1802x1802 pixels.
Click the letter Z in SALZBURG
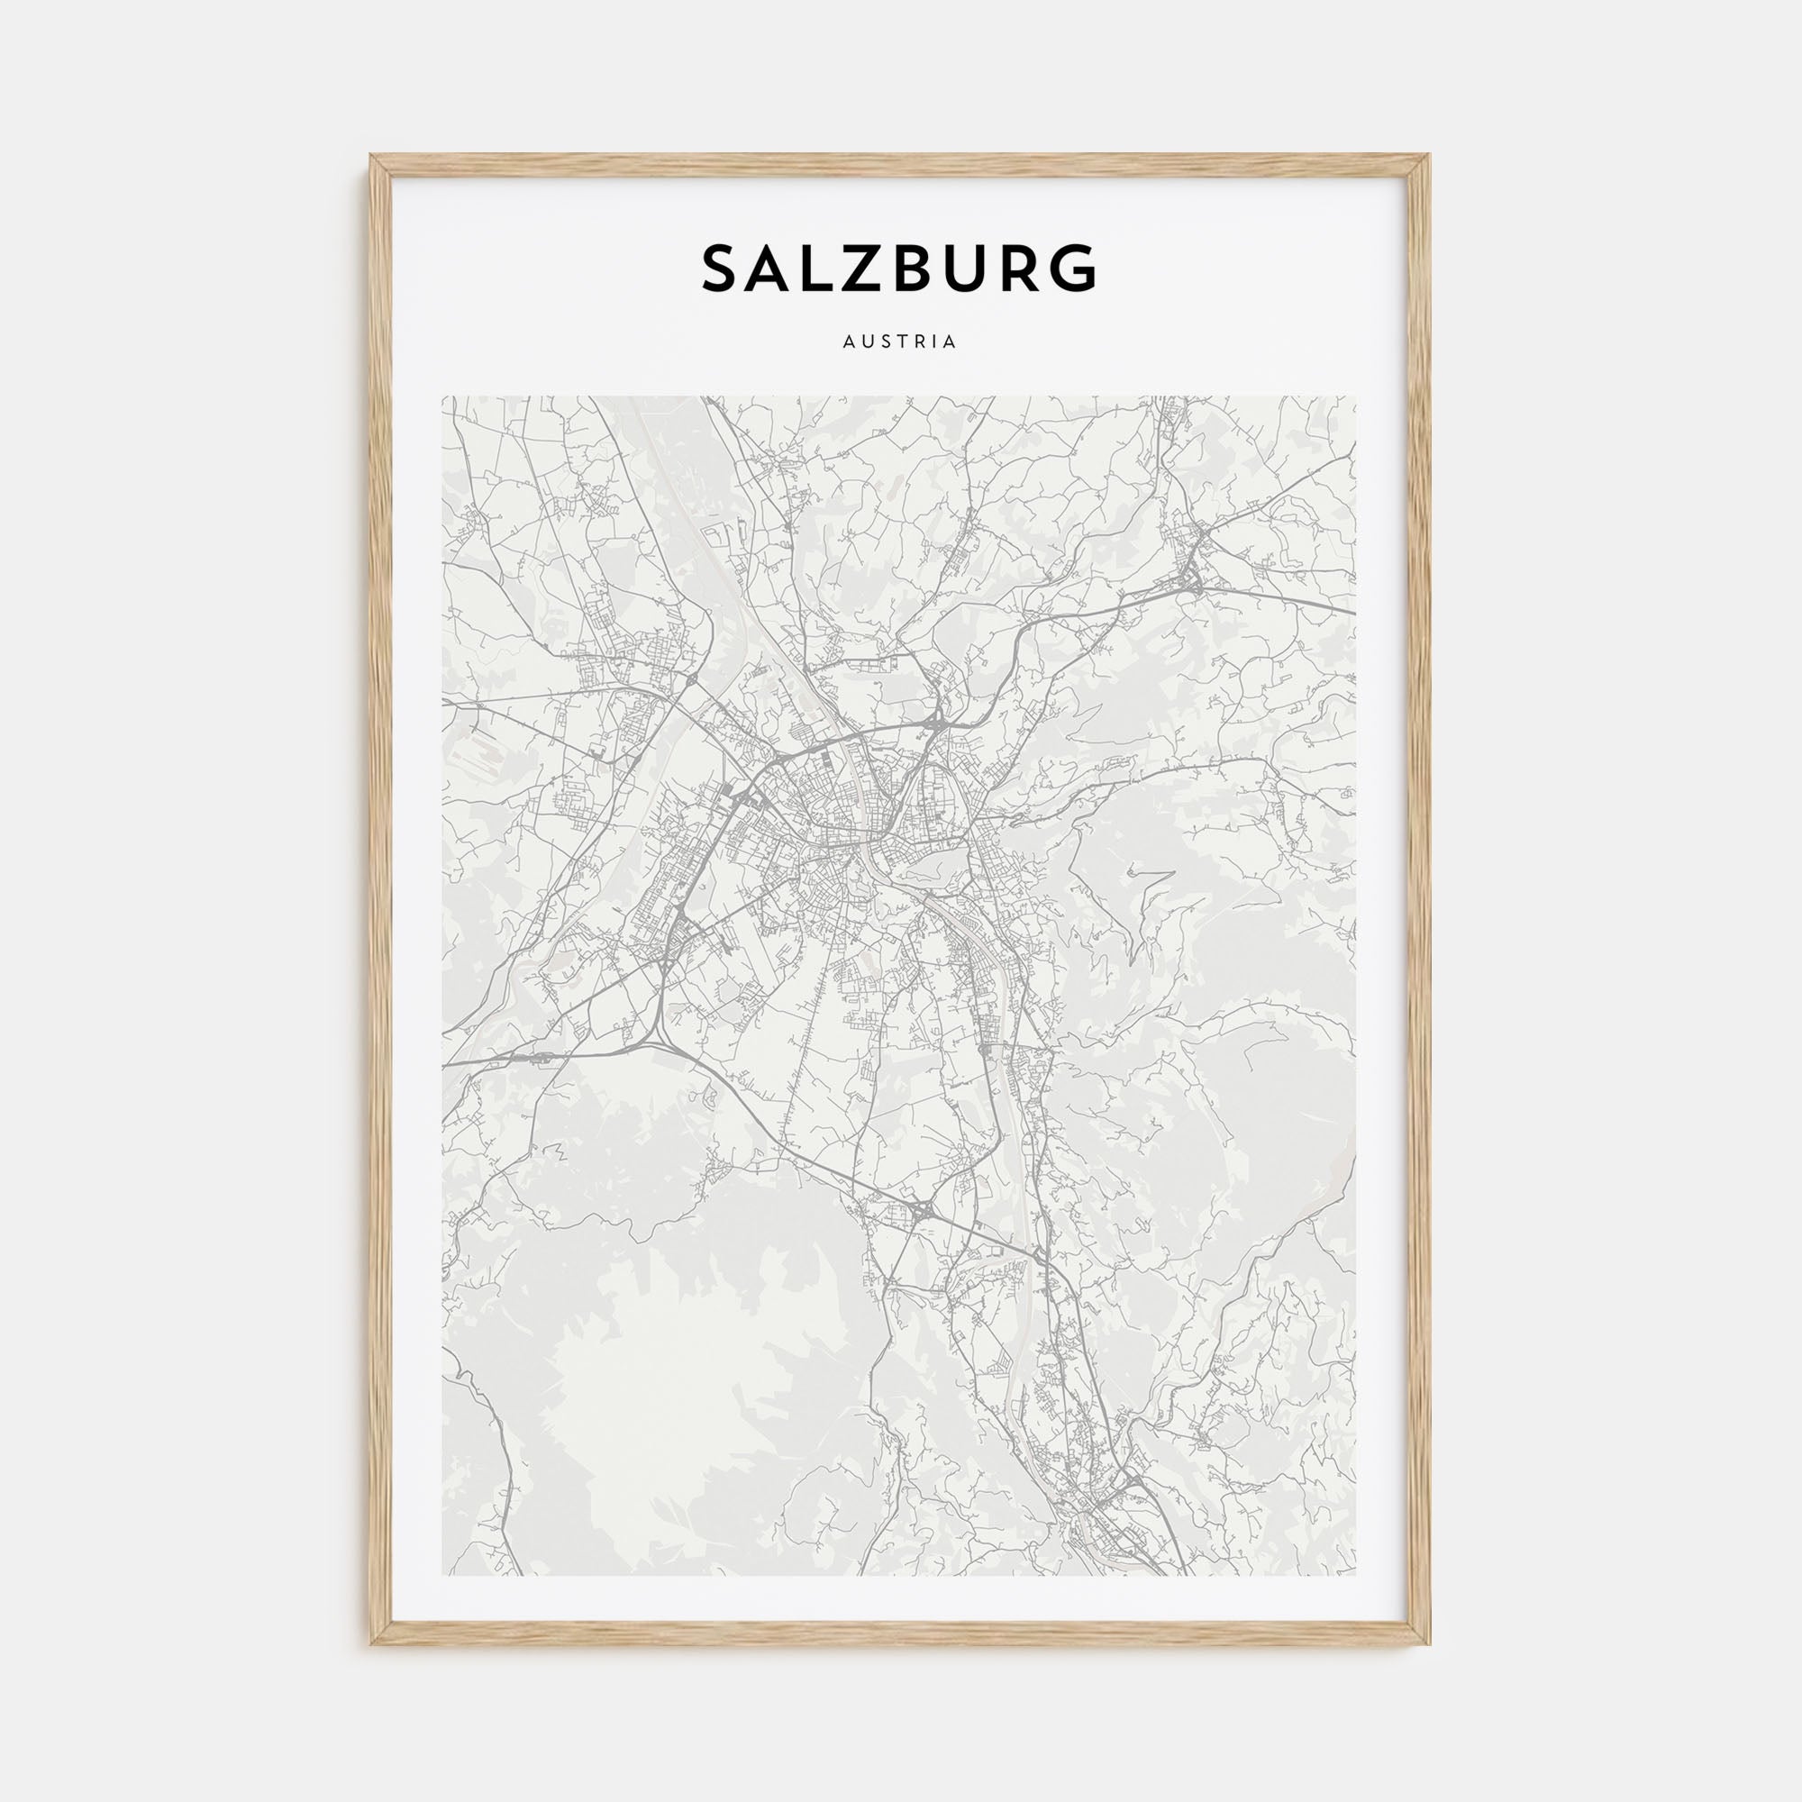click(864, 268)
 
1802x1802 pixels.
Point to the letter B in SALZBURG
click(916, 268)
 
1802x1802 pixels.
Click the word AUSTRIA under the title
click(900, 342)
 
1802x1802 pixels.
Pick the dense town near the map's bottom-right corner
click(1101, 1530)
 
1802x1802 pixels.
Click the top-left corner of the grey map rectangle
click(443, 396)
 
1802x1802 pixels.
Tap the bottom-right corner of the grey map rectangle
click(1357, 1575)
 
